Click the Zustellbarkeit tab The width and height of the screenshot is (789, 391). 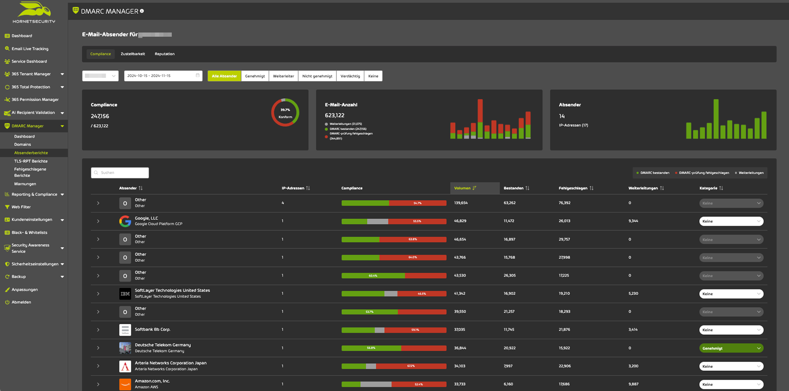tap(133, 54)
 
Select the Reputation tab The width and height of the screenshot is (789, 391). tap(164, 54)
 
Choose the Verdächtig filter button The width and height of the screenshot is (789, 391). tap(350, 76)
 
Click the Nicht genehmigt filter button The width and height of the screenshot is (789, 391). tap(317, 76)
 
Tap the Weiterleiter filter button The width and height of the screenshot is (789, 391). tap(283, 76)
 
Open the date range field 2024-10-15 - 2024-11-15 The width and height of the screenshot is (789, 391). tap(163, 76)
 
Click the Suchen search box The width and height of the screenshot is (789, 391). tap(120, 173)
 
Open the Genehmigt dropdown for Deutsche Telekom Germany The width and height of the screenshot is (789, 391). tap(731, 348)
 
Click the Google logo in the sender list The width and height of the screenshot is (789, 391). tap(125, 221)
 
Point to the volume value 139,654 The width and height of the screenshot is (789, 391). tap(461, 203)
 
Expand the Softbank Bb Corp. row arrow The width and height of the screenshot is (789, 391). tap(98, 330)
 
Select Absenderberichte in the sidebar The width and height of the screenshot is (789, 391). tap(31, 153)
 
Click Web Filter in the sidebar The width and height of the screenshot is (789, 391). tap(21, 207)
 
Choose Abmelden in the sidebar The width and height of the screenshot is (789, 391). tap(21, 302)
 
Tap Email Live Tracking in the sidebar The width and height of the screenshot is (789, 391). tap(30, 49)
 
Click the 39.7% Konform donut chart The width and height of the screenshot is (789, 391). tap(285, 113)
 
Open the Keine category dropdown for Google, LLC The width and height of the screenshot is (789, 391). tap(731, 221)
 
